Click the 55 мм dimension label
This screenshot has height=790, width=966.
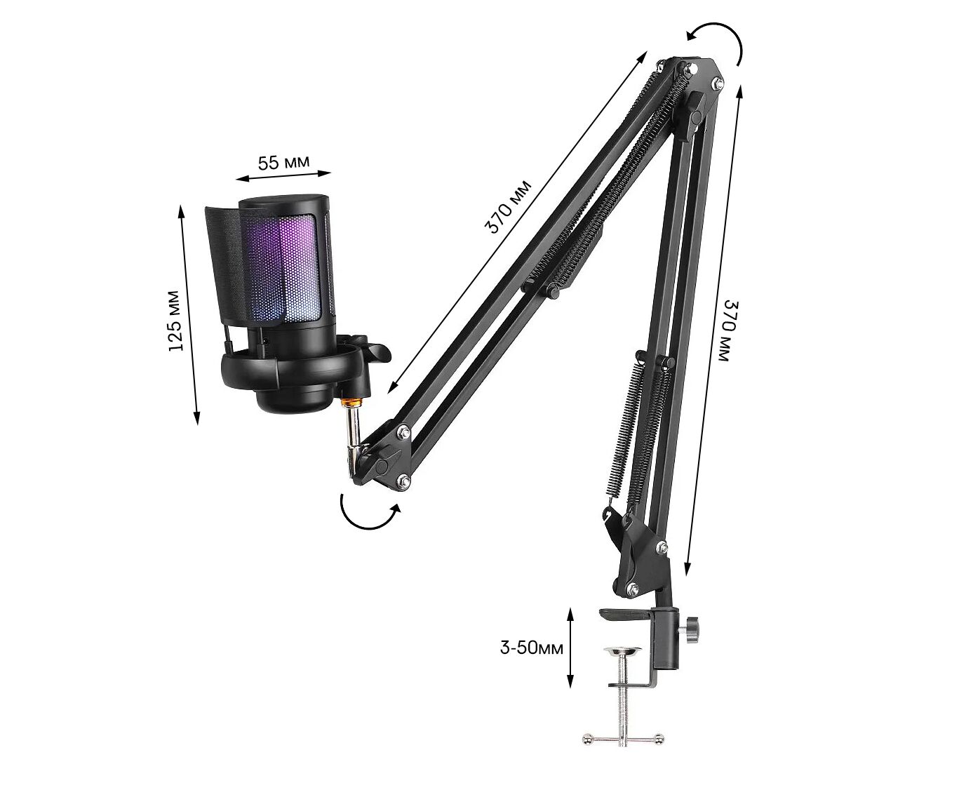click(284, 161)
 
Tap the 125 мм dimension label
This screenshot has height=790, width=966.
click(176, 321)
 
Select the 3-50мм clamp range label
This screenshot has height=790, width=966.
click(531, 648)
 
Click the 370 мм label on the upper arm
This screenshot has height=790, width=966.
click(508, 207)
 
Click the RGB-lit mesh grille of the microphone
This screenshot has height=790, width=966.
click(283, 267)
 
